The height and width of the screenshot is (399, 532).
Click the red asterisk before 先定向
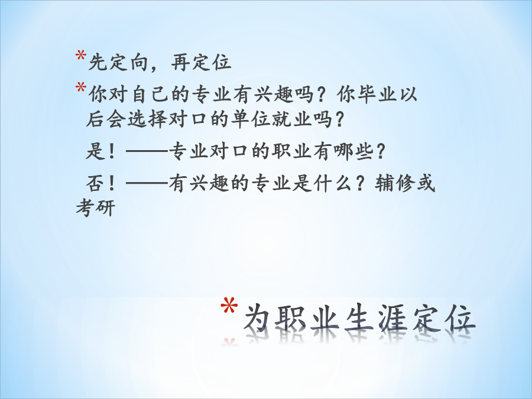click(81, 56)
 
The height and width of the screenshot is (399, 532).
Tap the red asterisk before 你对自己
click(81, 87)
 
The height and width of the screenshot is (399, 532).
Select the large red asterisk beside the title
click(229, 306)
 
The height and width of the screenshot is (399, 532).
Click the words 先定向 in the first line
click(119, 63)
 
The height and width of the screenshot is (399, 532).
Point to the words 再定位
click(201, 63)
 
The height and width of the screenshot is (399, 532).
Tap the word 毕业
click(377, 94)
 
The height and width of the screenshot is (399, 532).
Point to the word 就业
click(292, 119)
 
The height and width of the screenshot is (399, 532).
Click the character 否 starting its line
click(95, 184)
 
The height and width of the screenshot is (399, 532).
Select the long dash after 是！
click(147, 151)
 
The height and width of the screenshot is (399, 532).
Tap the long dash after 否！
click(147, 184)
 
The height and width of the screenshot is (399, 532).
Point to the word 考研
click(96, 207)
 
